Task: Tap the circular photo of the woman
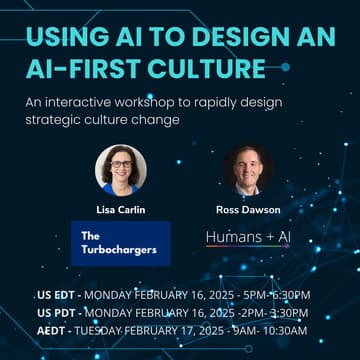click(120, 169)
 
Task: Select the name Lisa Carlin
click(120, 210)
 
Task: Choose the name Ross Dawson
click(247, 210)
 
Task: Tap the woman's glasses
click(120, 164)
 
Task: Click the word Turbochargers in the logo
click(121, 249)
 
